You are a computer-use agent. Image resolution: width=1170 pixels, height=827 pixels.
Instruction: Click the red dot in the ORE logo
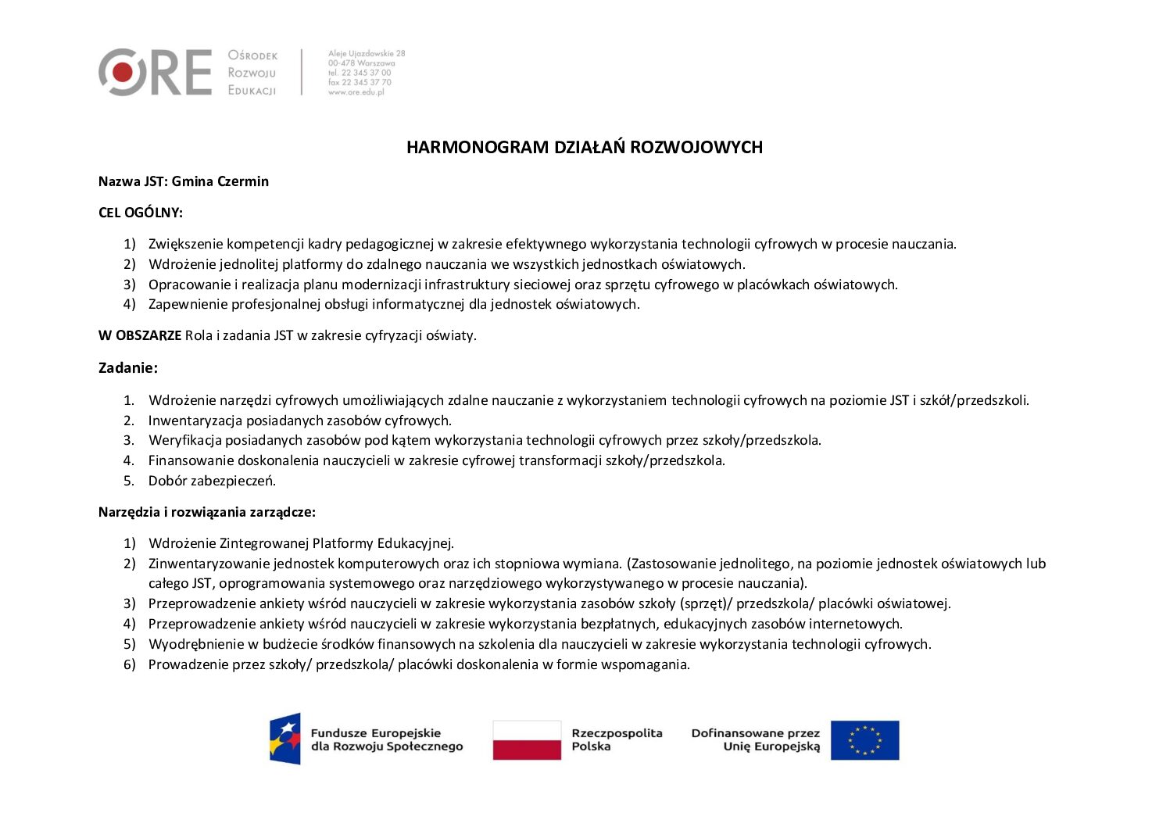tap(122, 73)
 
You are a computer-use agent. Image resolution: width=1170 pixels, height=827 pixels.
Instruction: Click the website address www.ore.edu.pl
tap(356, 92)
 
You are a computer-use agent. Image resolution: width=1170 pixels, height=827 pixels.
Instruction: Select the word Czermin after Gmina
tap(243, 181)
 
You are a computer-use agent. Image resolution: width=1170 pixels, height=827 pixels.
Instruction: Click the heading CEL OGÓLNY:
tap(141, 213)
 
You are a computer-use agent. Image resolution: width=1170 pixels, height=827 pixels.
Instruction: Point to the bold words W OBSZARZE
tap(140, 335)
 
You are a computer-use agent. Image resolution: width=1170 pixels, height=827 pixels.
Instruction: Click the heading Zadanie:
tap(128, 367)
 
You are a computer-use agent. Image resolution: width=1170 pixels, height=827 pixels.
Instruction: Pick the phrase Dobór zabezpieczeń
tap(212, 481)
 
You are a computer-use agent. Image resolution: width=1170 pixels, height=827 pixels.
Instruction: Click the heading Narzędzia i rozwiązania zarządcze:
tap(207, 512)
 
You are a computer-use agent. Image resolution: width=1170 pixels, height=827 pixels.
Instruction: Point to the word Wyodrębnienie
tap(191, 644)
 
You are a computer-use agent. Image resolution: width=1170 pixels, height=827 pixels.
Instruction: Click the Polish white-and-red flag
tap(527, 739)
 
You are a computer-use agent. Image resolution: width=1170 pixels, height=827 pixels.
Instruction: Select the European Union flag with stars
tap(864, 739)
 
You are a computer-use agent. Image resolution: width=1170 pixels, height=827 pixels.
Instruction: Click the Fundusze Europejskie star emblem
tap(285, 738)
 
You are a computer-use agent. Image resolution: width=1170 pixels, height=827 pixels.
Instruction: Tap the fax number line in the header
tap(360, 82)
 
